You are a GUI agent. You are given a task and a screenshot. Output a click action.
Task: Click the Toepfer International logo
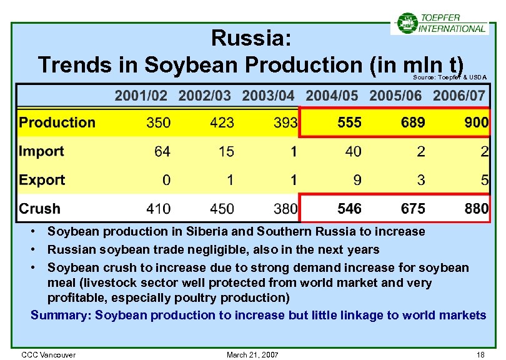(x=440, y=23)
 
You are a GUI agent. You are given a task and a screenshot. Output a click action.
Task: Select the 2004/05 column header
(x=332, y=96)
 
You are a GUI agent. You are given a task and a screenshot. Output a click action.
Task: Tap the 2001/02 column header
(x=141, y=96)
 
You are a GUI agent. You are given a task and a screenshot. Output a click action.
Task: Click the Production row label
(x=57, y=122)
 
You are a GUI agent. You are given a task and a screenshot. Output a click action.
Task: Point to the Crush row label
(x=40, y=209)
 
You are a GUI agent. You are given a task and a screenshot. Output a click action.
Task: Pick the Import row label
(x=42, y=151)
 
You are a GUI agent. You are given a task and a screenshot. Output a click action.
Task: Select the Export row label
(x=42, y=180)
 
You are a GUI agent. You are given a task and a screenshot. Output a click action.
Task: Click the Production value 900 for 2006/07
(x=476, y=122)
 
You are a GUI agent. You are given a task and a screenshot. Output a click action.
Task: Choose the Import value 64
(x=162, y=151)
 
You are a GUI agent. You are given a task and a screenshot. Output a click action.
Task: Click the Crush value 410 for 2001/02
(x=158, y=209)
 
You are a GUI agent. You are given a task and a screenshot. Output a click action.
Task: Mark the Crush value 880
(x=476, y=209)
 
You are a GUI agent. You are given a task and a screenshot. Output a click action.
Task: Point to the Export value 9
(x=357, y=180)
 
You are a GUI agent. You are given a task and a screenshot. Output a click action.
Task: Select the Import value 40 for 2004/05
(x=353, y=151)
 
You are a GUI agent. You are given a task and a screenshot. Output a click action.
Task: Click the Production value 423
(x=222, y=122)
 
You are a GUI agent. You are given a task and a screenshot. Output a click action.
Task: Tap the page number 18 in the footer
(x=480, y=355)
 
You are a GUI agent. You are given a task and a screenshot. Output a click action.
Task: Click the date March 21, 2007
(x=252, y=355)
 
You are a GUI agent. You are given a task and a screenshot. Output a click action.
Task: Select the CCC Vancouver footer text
(x=49, y=355)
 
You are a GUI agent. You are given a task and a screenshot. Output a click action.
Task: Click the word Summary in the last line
(x=60, y=315)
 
